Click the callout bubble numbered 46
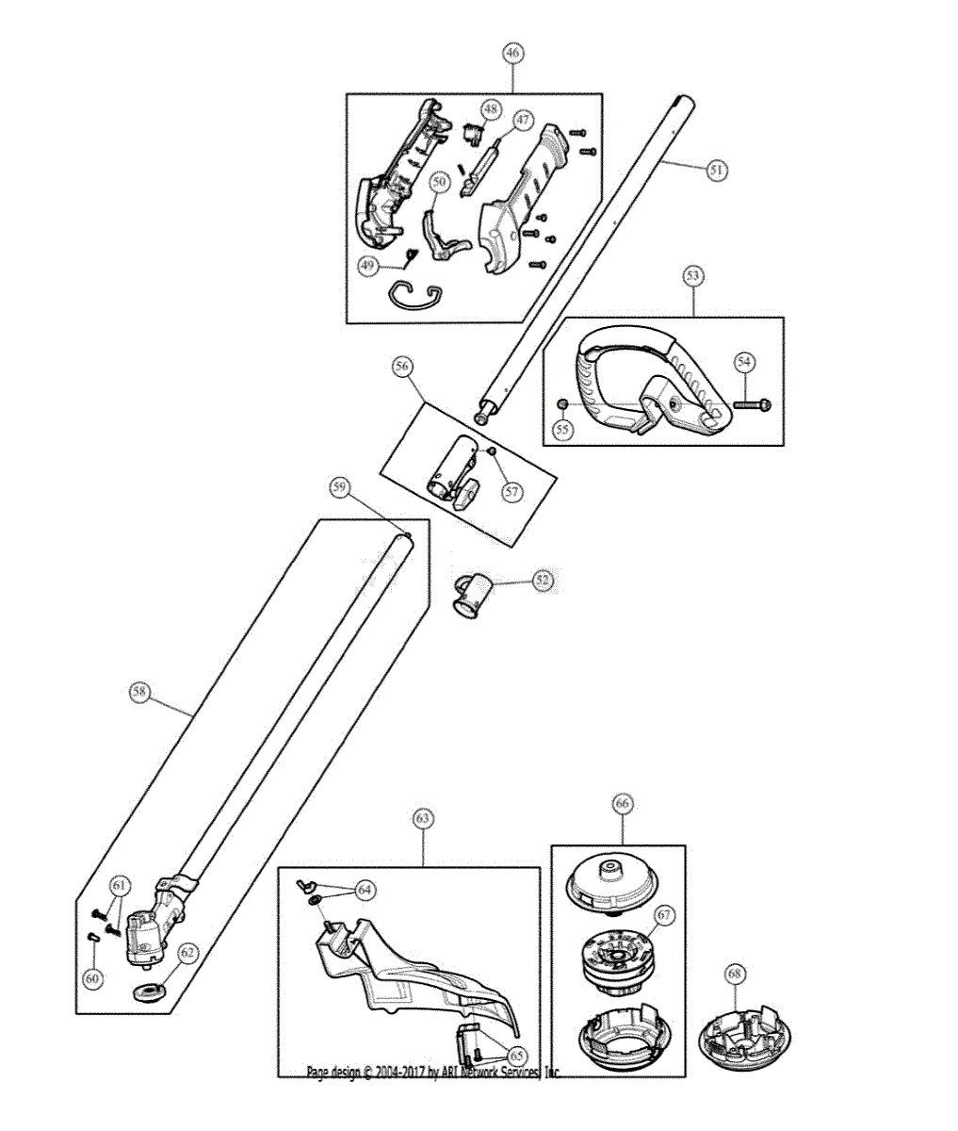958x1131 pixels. coord(512,53)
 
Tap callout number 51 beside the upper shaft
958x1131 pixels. coord(717,170)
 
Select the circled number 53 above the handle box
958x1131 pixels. coord(693,275)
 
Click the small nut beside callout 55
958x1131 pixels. coord(561,405)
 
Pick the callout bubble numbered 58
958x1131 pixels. coord(139,692)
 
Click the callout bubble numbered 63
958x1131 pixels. coord(423,819)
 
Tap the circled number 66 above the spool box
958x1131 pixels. coord(622,804)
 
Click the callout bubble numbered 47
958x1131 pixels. coord(522,121)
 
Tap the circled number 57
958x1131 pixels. coord(511,490)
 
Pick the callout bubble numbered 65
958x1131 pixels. coord(518,1057)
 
